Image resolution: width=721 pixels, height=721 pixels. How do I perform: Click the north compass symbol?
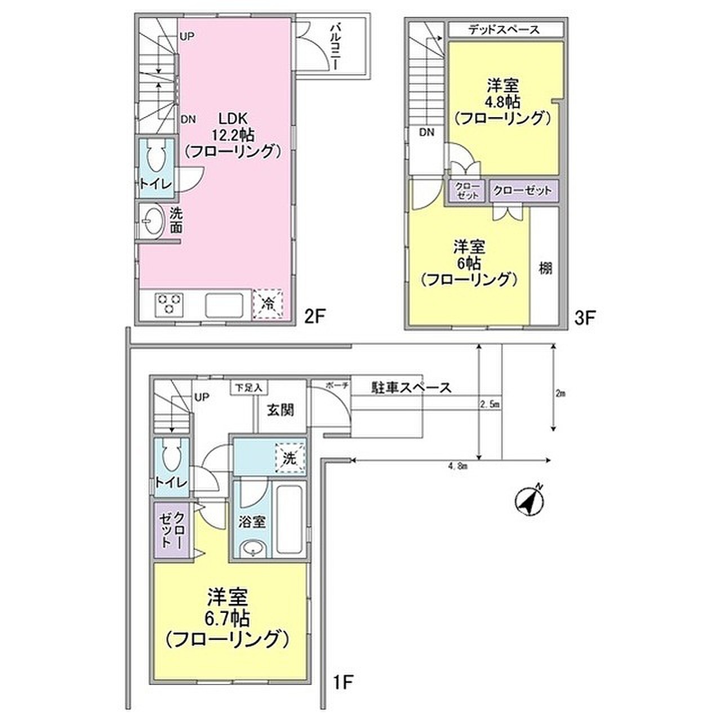pyautogui.click(x=529, y=502)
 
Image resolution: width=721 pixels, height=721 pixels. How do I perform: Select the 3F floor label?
pyautogui.click(x=584, y=318)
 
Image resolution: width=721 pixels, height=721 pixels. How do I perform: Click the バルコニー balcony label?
pyautogui.click(x=335, y=47)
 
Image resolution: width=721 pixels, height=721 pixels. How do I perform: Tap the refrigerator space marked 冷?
pyautogui.click(x=268, y=304)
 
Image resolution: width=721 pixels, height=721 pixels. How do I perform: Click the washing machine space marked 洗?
pyautogui.click(x=290, y=459)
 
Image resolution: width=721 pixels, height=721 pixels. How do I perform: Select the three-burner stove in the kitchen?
pyautogui.click(x=170, y=302)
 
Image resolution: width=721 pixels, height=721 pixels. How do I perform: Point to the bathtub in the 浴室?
pyautogui.click(x=290, y=522)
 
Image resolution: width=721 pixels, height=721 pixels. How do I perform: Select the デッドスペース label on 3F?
pyautogui.click(x=504, y=29)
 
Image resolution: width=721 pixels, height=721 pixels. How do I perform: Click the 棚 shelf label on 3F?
pyautogui.click(x=545, y=268)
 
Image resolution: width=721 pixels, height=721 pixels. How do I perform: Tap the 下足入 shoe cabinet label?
pyautogui.click(x=248, y=388)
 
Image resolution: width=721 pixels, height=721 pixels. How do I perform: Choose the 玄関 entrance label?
pyautogui.click(x=281, y=410)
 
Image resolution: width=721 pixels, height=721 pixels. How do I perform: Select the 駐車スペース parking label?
pyautogui.click(x=411, y=387)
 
